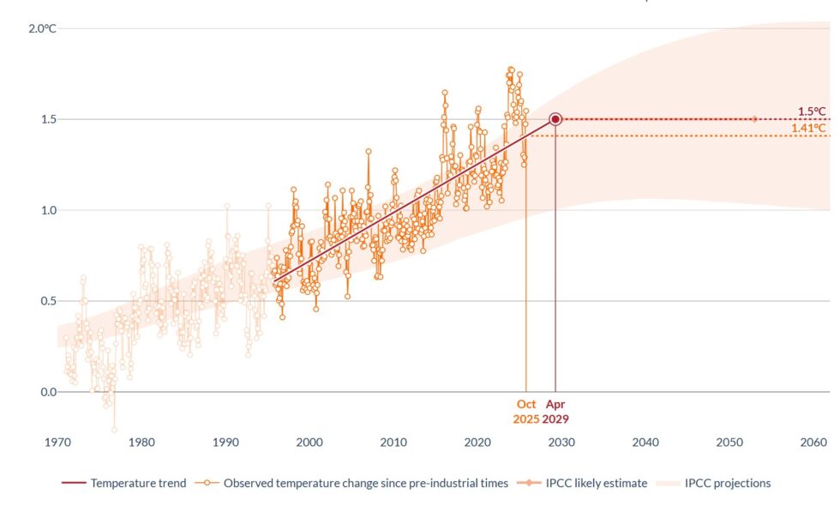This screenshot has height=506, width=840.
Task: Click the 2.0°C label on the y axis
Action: click(42, 28)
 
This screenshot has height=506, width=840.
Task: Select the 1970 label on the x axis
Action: click(57, 443)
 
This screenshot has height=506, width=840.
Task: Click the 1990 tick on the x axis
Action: click(225, 443)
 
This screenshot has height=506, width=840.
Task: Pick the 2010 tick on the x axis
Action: click(393, 443)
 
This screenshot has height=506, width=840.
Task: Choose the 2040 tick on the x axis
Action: click(645, 443)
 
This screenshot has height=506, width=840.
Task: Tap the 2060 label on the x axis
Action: click(813, 443)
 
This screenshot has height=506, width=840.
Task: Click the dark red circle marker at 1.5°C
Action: click(555, 119)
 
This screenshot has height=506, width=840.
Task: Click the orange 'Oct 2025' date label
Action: click(526, 412)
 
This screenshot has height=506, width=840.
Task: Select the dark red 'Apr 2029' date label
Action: click(555, 412)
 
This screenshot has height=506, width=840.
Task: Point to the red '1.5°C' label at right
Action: click(812, 111)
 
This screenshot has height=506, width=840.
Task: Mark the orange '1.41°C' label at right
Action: click(809, 129)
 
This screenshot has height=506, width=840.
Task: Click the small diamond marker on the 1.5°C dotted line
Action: click(754, 119)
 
